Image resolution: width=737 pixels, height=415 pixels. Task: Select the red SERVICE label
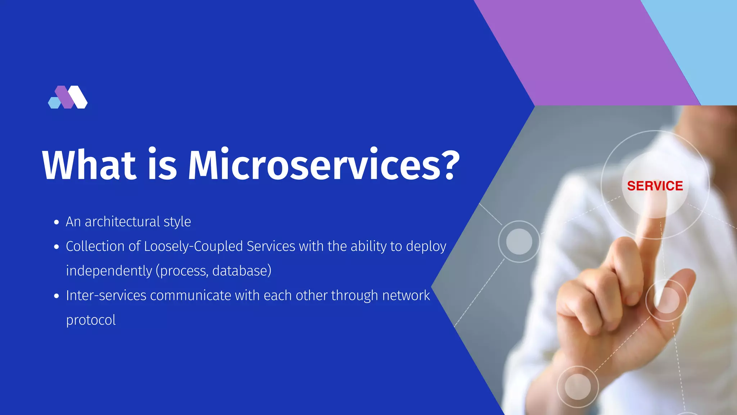pyautogui.click(x=655, y=186)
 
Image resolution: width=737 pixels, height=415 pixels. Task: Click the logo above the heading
pyautogui.click(x=68, y=97)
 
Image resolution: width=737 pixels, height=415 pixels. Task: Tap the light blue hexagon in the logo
pyautogui.click(x=54, y=103)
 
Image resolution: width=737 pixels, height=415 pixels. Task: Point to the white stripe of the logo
pyautogui.click(x=78, y=97)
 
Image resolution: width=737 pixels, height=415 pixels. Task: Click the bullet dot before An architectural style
pyautogui.click(x=56, y=222)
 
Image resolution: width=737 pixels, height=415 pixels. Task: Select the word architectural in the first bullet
pyautogui.click(x=122, y=222)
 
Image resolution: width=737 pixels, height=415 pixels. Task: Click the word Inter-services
pyautogui.click(x=106, y=295)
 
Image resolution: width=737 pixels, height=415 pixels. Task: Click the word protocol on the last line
pyautogui.click(x=91, y=320)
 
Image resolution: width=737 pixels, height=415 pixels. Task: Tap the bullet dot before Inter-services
pyautogui.click(x=56, y=296)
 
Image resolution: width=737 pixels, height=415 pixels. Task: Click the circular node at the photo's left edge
pyautogui.click(x=519, y=241)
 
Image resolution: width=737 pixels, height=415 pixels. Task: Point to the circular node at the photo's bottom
pyautogui.click(x=578, y=387)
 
